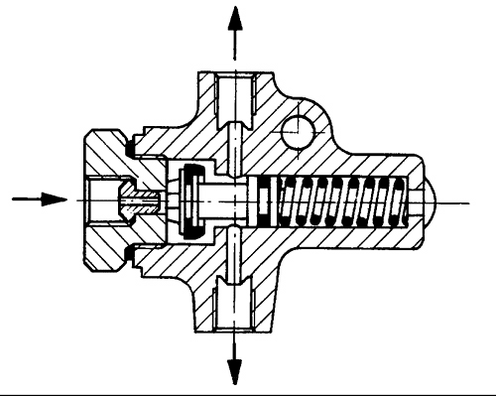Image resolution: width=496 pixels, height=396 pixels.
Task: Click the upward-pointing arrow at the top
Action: coord(234,30)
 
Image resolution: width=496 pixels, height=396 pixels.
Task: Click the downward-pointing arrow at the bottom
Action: coord(234,364)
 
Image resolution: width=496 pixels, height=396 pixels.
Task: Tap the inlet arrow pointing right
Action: coord(36,198)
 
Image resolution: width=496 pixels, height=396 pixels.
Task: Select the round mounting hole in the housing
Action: coord(296,129)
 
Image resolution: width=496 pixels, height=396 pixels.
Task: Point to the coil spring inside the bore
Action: coord(342,198)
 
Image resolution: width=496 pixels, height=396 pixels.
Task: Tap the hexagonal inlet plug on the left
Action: coord(104,198)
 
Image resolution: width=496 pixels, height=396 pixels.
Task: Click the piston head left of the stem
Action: coord(190,198)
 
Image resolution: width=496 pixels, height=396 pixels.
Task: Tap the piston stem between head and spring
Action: coord(228,198)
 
